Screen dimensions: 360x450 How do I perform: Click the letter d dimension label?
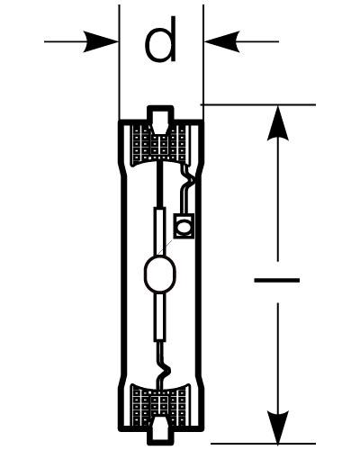click(x=160, y=40)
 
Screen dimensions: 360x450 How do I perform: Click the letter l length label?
click(x=276, y=281)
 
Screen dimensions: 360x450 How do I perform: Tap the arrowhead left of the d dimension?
click(x=101, y=41)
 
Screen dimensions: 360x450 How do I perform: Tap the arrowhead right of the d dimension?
click(x=222, y=41)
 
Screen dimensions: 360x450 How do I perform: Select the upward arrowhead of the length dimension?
click(x=278, y=123)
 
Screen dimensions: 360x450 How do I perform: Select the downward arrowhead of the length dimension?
click(x=278, y=426)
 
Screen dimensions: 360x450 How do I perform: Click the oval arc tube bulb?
click(x=160, y=274)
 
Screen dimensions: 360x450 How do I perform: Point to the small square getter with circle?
click(x=184, y=226)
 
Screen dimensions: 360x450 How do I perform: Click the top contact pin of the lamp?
click(x=160, y=119)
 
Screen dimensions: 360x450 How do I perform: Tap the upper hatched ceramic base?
click(x=160, y=144)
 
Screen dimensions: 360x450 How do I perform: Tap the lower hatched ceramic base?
click(x=160, y=402)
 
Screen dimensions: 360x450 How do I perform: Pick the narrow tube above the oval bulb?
click(x=160, y=231)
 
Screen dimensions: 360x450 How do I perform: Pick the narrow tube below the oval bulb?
click(x=160, y=318)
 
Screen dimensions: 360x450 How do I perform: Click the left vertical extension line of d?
click(x=119, y=62)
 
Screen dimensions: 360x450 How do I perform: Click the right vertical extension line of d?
click(x=203, y=62)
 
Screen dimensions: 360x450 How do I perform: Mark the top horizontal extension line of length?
click(x=258, y=104)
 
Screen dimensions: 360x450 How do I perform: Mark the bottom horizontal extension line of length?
click(x=263, y=444)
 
